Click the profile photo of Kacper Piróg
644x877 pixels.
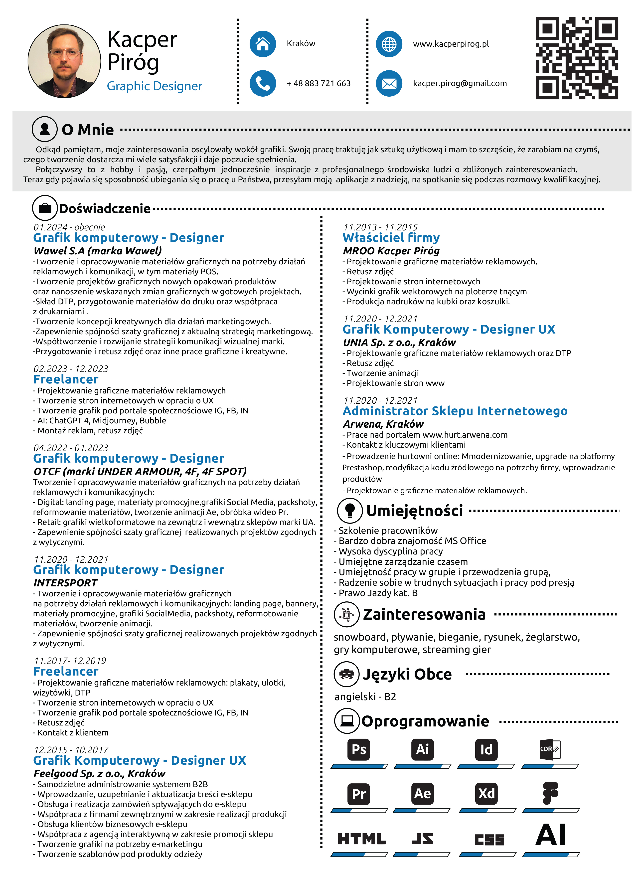[x=64, y=61]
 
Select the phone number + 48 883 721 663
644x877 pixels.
[x=319, y=83]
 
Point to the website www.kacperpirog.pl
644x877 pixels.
[x=451, y=44]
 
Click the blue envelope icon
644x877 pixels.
[x=389, y=83]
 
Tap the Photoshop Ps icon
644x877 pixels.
[x=359, y=749]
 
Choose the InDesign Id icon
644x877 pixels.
[x=486, y=749]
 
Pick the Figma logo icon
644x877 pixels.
[x=550, y=793]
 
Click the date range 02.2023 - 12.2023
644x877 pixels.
[x=71, y=369]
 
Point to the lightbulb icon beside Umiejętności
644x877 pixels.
[x=350, y=510]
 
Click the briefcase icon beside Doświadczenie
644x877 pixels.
[x=45, y=208]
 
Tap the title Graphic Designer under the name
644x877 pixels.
[x=154, y=86]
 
